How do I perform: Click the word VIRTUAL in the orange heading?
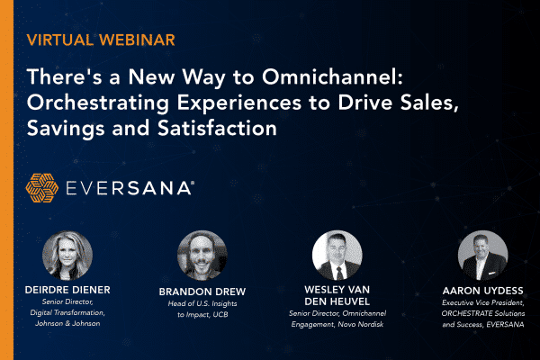tap(59, 40)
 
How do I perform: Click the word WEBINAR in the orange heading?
tap(138, 40)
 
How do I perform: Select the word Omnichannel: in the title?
tap(332, 76)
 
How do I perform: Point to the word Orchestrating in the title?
tap(98, 103)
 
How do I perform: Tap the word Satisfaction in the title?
tap(217, 128)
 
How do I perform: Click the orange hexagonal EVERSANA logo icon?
tap(41, 188)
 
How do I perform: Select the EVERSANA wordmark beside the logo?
tap(130, 188)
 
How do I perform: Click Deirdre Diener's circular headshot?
tap(67, 256)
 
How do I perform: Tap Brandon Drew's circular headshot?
tap(202, 256)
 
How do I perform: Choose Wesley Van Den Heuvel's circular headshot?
tap(337, 256)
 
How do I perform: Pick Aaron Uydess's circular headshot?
tap(482, 256)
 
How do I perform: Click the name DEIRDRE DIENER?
tap(67, 290)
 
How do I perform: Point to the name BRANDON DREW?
tap(202, 292)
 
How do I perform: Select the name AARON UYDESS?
tap(482, 291)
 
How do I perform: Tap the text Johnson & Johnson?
tap(67, 323)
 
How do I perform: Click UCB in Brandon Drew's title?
tap(220, 314)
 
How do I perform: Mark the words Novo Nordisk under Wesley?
tap(361, 325)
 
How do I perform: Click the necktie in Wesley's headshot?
tap(340, 273)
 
